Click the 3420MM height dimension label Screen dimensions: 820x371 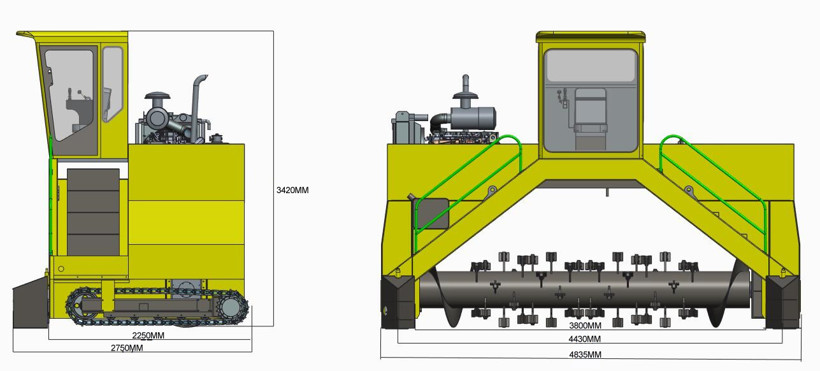click(292, 190)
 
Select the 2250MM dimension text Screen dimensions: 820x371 click(148, 335)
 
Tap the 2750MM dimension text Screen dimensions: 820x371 click(127, 347)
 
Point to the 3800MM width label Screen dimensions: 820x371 click(585, 325)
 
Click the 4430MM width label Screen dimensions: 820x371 click(585, 338)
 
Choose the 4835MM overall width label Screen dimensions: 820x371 click(586, 354)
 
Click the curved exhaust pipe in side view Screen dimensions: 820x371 click(198, 106)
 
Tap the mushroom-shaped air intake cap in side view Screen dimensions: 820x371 click(157, 96)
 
